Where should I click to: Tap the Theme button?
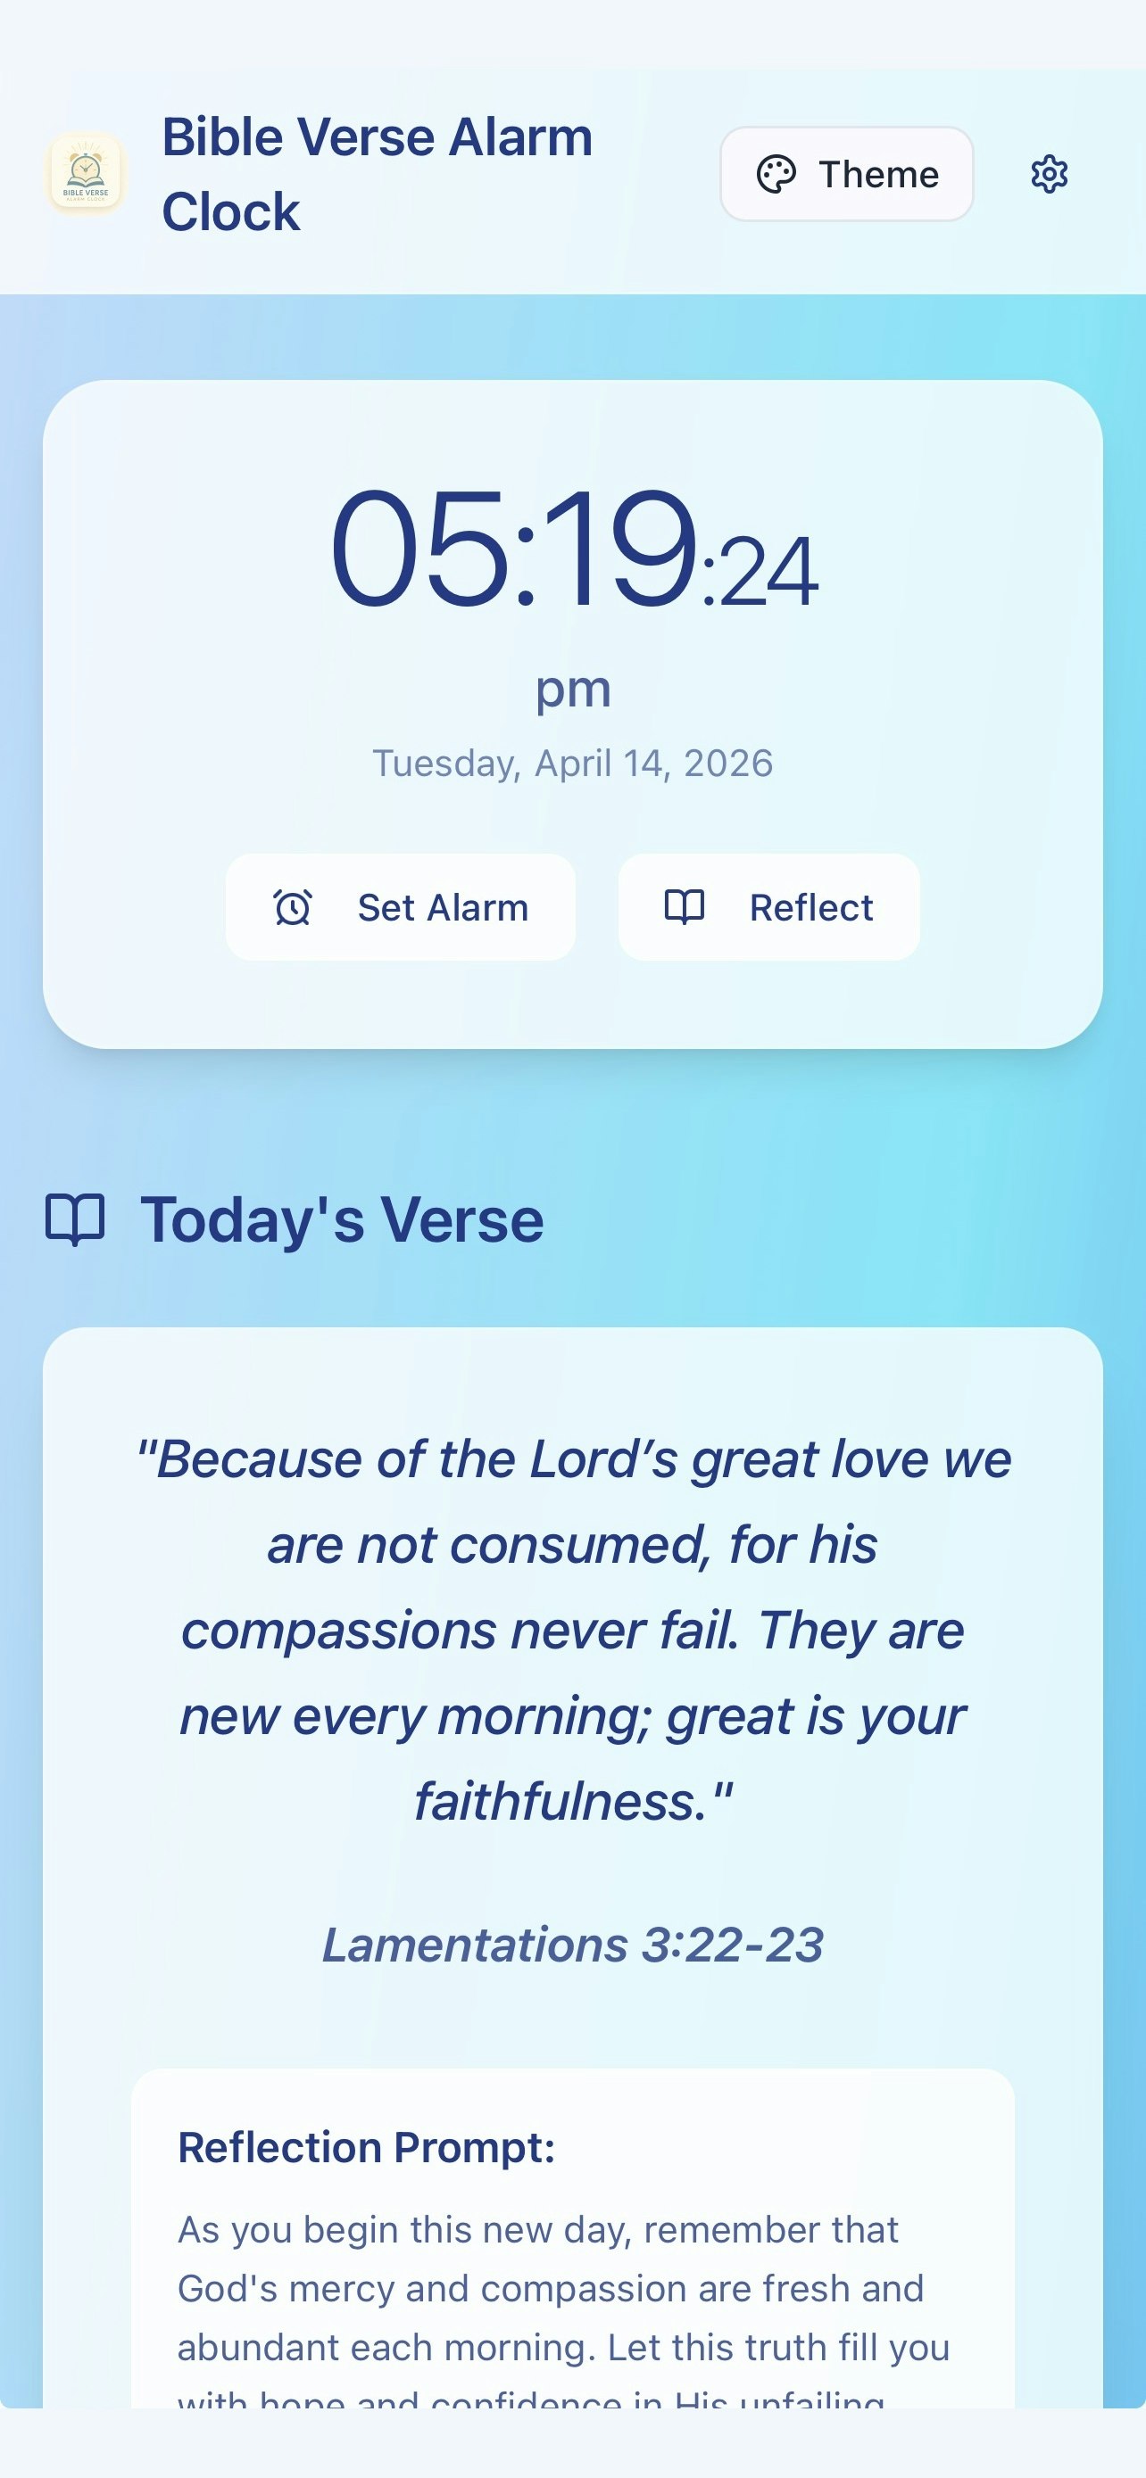847,174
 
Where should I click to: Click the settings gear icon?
1049,174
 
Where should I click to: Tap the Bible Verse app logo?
86,172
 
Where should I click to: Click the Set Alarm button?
400,907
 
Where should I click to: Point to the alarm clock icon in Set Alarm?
293,907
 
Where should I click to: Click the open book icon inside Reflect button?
685,907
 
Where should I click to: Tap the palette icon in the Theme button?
776,174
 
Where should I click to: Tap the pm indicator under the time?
572,689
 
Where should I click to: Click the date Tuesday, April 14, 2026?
572,764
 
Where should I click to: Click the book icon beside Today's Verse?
75,1219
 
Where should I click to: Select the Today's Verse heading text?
342,1219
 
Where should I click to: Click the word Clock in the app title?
231,211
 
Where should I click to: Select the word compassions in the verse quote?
338,1631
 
